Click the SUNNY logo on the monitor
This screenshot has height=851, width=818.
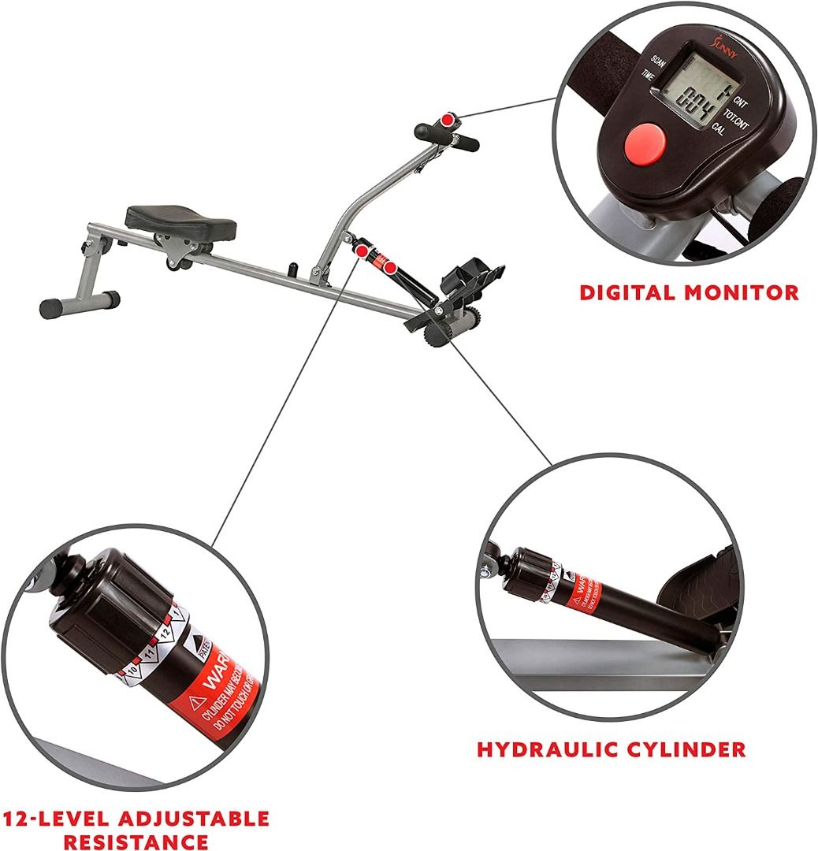pos(694,39)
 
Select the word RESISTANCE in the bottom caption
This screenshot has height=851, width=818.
pos(136,841)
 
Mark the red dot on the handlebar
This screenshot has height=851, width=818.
pos(448,121)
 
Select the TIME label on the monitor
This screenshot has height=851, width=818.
pos(649,76)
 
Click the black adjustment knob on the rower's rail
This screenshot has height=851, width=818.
pos(292,269)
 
